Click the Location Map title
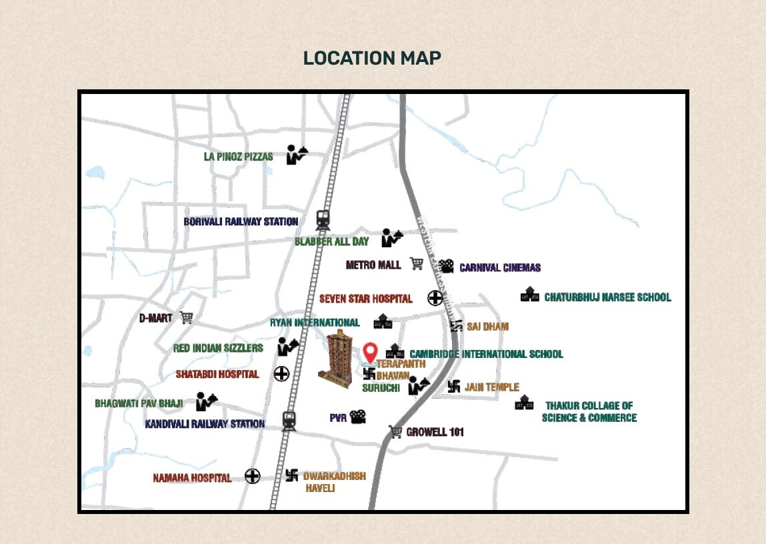pos(372,58)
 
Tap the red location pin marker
pos(371,352)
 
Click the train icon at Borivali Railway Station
pos(323,219)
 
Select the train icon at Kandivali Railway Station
pos(289,421)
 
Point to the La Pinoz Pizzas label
pos(239,157)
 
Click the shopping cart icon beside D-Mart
pos(187,317)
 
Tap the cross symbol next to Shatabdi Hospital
pos(281,374)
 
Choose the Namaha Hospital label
pos(192,478)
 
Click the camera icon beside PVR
pos(358,417)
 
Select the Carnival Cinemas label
pos(500,268)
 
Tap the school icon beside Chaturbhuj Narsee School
pos(530,295)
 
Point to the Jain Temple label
pos(493,387)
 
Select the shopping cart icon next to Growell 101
pos(395,432)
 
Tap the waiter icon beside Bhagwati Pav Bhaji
pos(206,401)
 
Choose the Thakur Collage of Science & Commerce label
pos(589,411)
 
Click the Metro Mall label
pos(373,265)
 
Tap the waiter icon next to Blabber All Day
pos(392,237)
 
